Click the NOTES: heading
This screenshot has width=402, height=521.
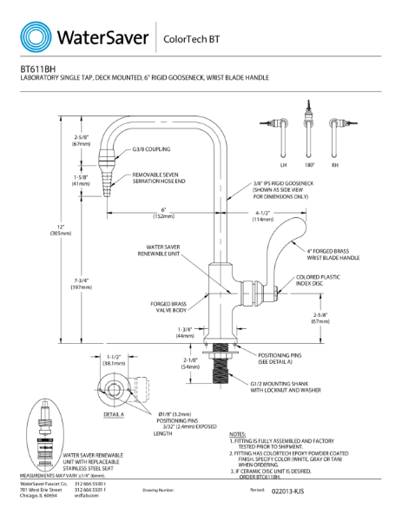point(238,433)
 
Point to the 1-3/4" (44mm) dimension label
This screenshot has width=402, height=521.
point(184,332)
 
